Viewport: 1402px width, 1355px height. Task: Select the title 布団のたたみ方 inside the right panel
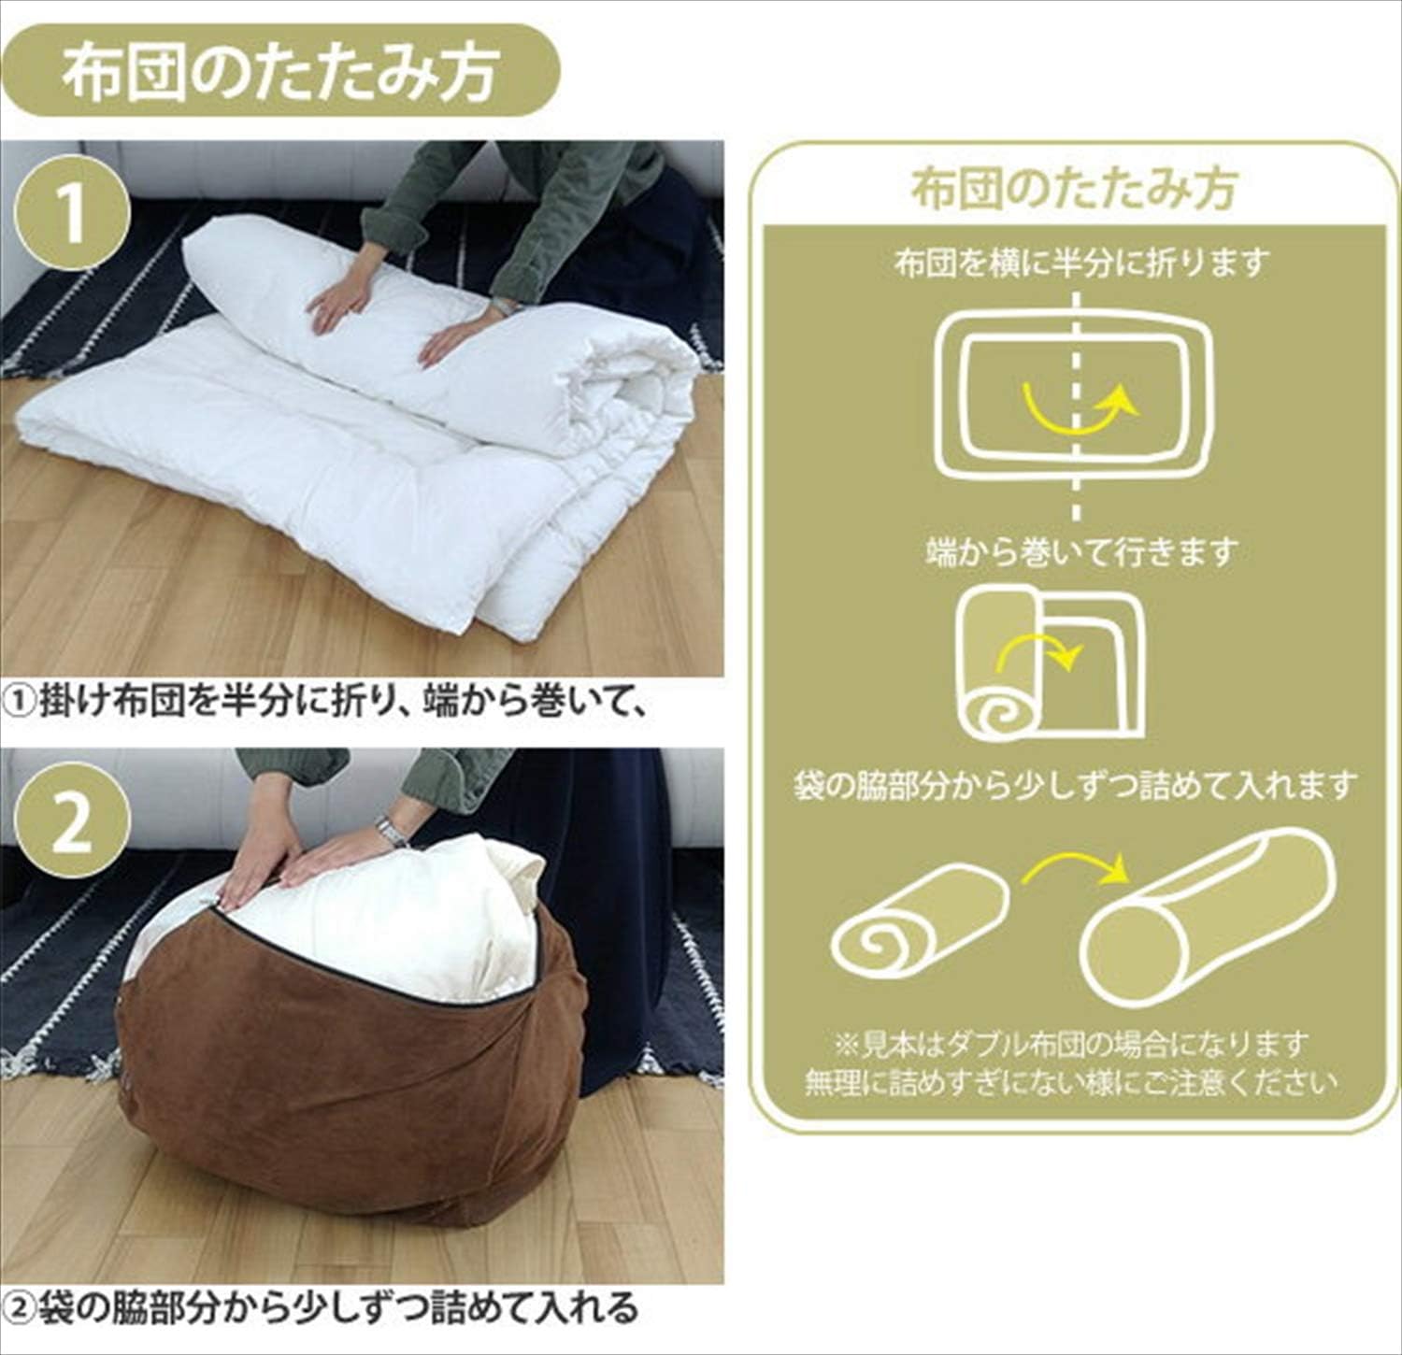(1075, 189)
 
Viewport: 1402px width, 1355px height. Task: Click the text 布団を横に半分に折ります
(1081, 264)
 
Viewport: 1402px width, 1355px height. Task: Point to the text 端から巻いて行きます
(1081, 552)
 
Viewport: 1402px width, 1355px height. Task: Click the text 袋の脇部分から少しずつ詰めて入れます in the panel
(1075, 785)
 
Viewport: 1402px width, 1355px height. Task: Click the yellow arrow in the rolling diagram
(1037, 651)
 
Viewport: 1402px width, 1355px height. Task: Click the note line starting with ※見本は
(1071, 1044)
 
